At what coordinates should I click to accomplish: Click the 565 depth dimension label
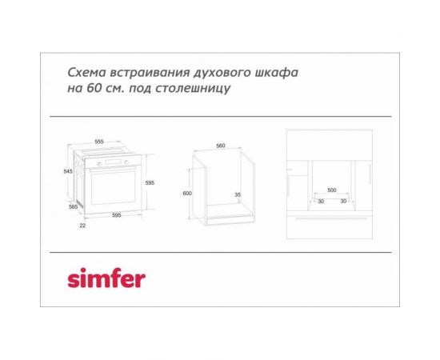click(74, 206)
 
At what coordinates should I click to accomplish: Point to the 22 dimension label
click(82, 225)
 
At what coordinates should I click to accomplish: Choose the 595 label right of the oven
click(150, 183)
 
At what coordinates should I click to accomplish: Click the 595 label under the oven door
click(116, 215)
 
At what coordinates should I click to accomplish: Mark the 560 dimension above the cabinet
click(221, 146)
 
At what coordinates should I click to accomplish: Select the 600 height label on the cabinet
click(187, 194)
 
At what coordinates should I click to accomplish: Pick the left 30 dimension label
click(320, 201)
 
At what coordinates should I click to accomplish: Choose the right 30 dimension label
click(344, 201)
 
